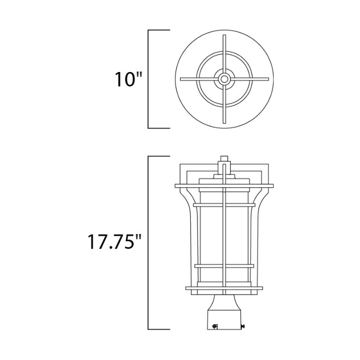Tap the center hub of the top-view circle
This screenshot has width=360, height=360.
(224, 79)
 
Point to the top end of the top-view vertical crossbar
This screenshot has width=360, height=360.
(224, 36)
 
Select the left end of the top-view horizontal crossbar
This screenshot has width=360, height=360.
(181, 79)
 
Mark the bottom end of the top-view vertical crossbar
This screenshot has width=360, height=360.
(224, 122)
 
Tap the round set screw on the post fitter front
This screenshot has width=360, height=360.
(215, 325)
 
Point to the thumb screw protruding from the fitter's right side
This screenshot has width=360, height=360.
(243, 325)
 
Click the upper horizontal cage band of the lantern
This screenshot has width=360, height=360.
(224, 205)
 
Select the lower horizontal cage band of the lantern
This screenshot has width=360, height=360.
(224, 266)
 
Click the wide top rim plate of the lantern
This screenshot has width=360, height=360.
(224, 185)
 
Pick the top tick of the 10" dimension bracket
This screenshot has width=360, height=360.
(159, 30)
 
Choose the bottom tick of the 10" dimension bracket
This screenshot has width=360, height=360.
(159, 128)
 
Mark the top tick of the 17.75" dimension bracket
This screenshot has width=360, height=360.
(159, 156)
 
